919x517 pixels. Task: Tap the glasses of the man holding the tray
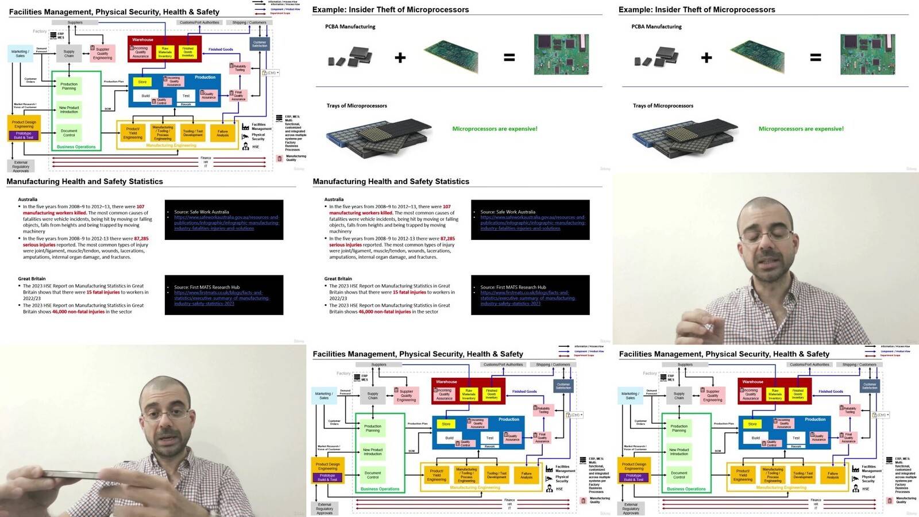point(167,416)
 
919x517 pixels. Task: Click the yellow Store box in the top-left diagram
point(142,82)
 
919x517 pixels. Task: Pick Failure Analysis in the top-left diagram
point(223,133)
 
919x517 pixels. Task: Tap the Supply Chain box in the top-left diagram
point(69,53)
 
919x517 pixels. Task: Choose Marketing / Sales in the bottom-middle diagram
point(324,396)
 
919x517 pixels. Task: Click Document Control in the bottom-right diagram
point(679,475)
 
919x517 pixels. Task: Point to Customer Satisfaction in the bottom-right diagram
point(870,385)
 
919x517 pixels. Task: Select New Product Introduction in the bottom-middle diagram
point(373,451)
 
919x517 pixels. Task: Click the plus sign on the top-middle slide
point(400,58)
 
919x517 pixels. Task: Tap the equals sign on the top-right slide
point(816,58)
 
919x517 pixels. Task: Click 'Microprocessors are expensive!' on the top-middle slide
point(495,129)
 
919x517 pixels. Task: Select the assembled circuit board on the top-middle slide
point(561,54)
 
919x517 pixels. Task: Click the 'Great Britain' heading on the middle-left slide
point(32,278)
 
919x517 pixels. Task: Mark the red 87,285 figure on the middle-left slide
point(141,239)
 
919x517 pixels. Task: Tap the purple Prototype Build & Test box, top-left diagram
point(24,136)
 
